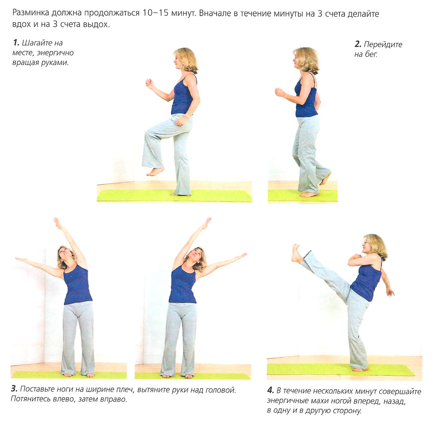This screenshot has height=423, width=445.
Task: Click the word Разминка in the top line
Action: pyautogui.click(x=30, y=13)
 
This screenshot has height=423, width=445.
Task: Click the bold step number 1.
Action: pyautogui.click(x=16, y=43)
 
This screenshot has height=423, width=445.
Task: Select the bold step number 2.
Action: pyautogui.click(x=358, y=44)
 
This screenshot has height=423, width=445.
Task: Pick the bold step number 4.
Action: pyautogui.click(x=271, y=391)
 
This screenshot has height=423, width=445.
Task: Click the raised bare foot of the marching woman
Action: pyautogui.click(x=155, y=171)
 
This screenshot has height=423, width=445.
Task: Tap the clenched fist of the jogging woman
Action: pyautogui.click(x=280, y=92)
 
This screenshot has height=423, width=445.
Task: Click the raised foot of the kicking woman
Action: pyautogui.click(x=297, y=254)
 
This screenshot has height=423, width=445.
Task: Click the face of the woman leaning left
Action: pyautogui.click(x=64, y=253)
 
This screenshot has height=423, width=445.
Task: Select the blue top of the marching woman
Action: pyautogui.click(x=183, y=95)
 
